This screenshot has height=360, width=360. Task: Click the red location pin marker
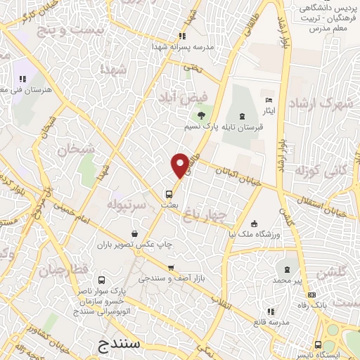(180, 165)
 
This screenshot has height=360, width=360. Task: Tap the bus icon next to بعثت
(169, 194)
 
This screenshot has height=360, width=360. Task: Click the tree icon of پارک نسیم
(202, 115)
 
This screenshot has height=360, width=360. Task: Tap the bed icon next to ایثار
(268, 101)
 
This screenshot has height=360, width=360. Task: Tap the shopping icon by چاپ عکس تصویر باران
(134, 233)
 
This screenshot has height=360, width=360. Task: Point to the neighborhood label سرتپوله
(127, 205)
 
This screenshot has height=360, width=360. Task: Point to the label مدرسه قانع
(271, 322)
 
